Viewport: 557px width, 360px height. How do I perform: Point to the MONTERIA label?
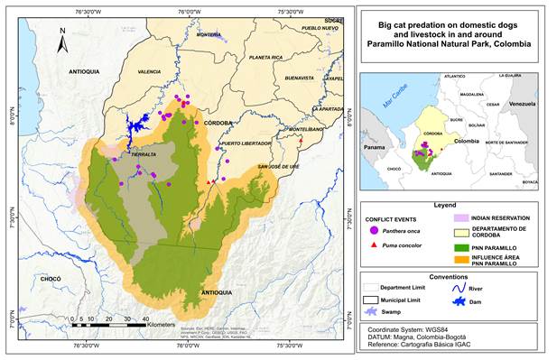click(x=208, y=35)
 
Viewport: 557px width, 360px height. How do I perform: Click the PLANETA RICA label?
click(x=266, y=58)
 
